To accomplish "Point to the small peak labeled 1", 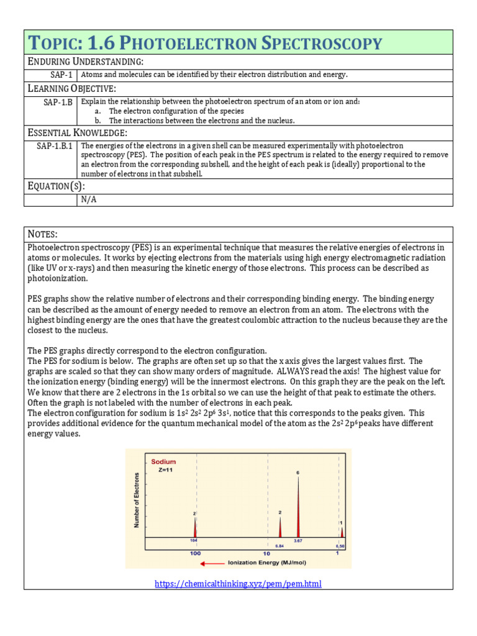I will point(342,531).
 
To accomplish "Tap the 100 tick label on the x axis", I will point(195,553).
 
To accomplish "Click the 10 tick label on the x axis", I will point(266,553).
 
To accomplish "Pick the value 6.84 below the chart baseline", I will point(279,546).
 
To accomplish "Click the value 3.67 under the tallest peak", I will point(298,542).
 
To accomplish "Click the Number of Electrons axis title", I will point(137,500).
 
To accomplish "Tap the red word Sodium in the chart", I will point(163,461).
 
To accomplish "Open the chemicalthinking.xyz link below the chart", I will point(238,584).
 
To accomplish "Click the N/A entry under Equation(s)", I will point(89,200).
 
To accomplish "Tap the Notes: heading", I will point(42,234).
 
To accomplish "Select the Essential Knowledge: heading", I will point(78,132).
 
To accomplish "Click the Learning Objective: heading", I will point(71,88).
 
